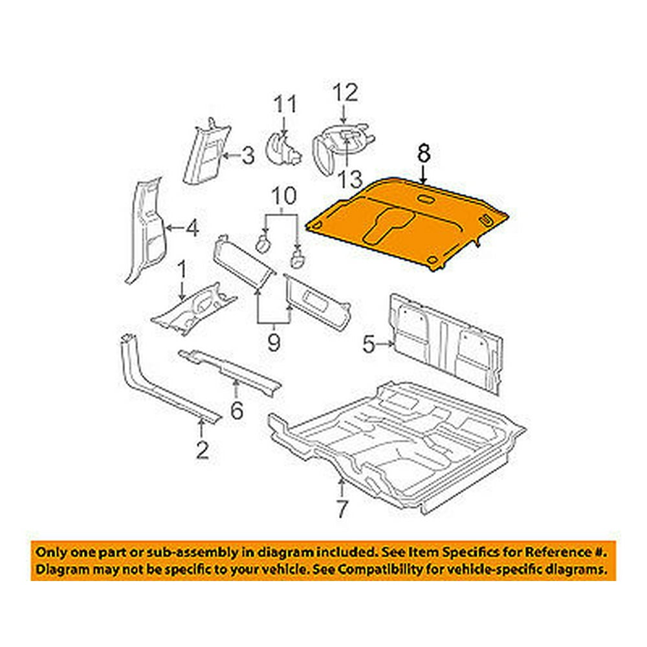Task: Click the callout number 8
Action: pyautogui.click(x=423, y=155)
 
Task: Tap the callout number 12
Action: pyautogui.click(x=344, y=93)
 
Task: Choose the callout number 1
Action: pyautogui.click(x=182, y=267)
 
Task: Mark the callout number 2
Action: pyautogui.click(x=202, y=448)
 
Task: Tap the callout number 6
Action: pyautogui.click(x=236, y=409)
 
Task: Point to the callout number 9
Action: pyautogui.click(x=274, y=342)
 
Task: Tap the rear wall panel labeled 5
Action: pyautogui.click(x=446, y=343)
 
